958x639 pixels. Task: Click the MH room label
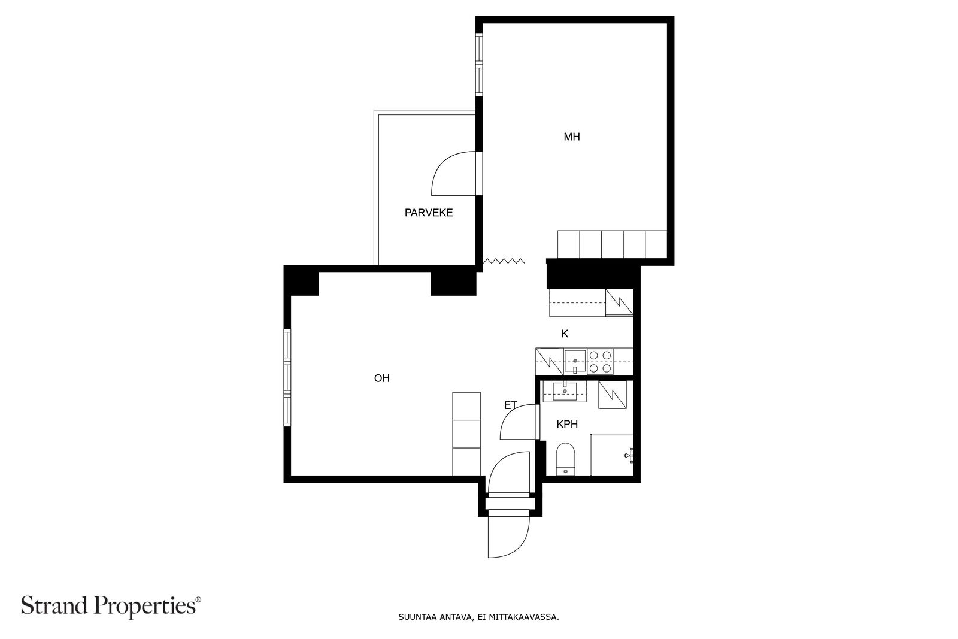pyautogui.click(x=572, y=137)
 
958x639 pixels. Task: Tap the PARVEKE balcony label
pyautogui.click(x=429, y=213)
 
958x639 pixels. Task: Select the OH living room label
pyautogui.click(x=382, y=378)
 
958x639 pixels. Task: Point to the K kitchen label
pyautogui.click(x=565, y=334)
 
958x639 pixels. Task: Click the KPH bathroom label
pyautogui.click(x=567, y=424)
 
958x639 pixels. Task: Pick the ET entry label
pyautogui.click(x=511, y=405)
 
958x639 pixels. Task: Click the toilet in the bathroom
pyautogui.click(x=565, y=459)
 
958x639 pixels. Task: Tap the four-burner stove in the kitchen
pyautogui.click(x=600, y=362)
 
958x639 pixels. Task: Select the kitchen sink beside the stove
pyautogui.click(x=575, y=361)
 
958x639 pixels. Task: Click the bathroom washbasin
pyautogui.click(x=565, y=391)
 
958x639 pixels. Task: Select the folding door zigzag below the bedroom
pyautogui.click(x=504, y=261)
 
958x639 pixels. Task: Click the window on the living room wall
pyautogui.click(x=287, y=378)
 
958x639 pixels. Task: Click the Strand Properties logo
pyautogui.click(x=111, y=606)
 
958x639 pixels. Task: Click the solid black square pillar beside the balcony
pyautogui.click(x=453, y=284)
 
